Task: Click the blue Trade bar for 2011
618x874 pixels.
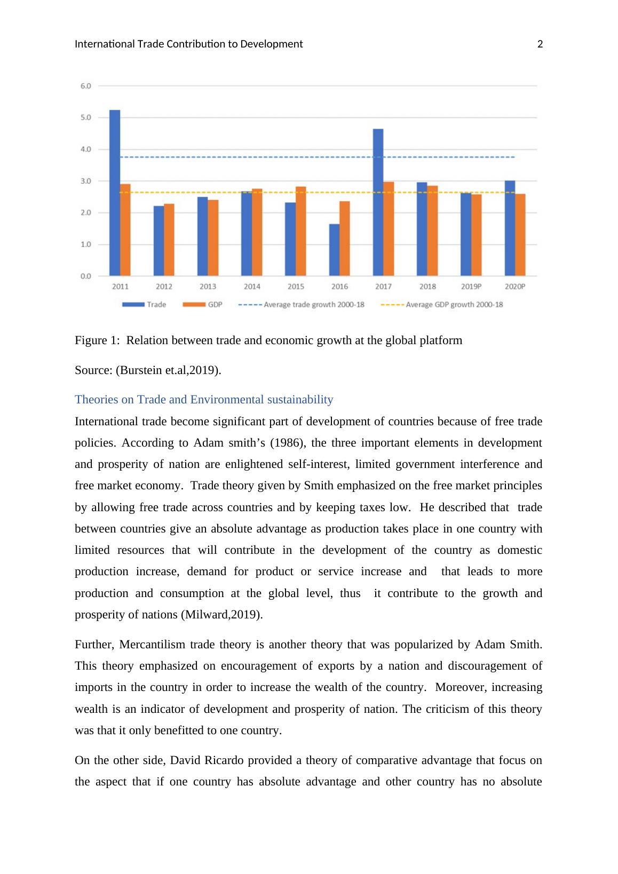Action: (115, 193)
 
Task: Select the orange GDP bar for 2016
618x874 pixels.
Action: (345, 239)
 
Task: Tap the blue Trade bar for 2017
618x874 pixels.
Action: (378, 203)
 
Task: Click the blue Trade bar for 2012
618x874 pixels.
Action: (159, 241)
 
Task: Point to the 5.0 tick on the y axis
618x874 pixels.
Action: (85, 117)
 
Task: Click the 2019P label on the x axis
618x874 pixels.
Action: (471, 287)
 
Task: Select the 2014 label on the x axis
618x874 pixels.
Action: (252, 287)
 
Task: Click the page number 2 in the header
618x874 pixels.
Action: (540, 44)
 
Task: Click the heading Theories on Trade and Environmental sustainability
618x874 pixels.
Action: (204, 400)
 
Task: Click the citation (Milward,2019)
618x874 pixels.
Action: (221, 615)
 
